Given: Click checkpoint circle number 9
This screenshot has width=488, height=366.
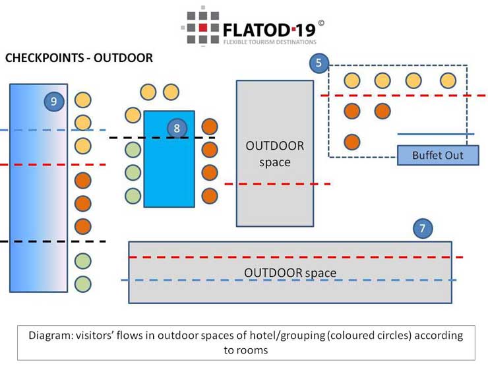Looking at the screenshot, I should (x=53, y=101).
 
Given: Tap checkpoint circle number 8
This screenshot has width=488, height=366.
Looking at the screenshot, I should (x=177, y=128).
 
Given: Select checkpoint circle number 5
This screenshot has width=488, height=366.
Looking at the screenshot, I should (x=319, y=63).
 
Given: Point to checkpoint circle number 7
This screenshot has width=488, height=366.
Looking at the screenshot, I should (x=423, y=229).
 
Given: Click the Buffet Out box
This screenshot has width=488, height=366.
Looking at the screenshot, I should (x=438, y=156).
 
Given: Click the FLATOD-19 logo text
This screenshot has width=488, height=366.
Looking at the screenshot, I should (x=270, y=30).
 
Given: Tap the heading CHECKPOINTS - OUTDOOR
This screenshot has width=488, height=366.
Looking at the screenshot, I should (x=79, y=58).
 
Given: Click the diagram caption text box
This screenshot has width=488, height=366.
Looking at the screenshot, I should (x=245, y=342).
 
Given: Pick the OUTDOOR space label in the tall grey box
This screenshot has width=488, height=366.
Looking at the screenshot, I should (x=274, y=153).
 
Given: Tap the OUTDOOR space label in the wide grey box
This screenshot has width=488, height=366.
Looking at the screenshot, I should (x=290, y=272).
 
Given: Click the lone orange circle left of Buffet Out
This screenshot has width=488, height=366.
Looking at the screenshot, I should (x=352, y=142).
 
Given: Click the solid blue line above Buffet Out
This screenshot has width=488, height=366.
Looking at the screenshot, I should (x=435, y=135).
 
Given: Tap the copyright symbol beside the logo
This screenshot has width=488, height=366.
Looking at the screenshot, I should (x=320, y=23).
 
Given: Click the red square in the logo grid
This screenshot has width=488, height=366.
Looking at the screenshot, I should (x=204, y=28).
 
